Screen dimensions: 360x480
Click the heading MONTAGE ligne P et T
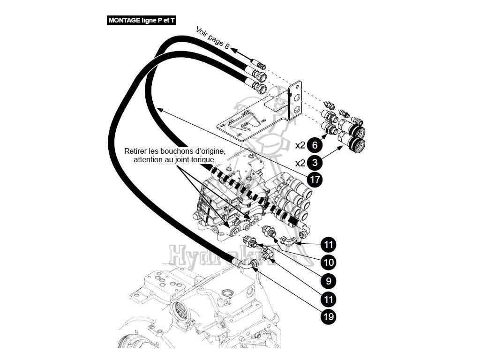[142, 21]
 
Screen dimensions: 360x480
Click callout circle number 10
[329, 262]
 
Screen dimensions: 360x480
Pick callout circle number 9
[329, 280]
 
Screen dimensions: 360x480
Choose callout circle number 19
[329, 317]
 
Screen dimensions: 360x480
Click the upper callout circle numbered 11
[329, 244]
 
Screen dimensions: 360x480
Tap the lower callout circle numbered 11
[329, 299]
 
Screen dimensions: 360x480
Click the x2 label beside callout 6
[300, 145]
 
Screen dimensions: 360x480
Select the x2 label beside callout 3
[300, 163]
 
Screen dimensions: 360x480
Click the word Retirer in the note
[136, 151]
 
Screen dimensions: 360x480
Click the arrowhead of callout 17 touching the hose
[159, 110]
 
